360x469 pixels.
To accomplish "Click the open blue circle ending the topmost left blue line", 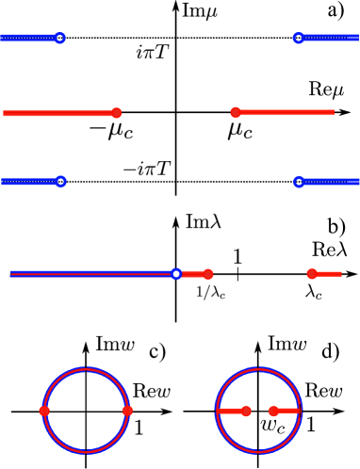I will click(59, 38).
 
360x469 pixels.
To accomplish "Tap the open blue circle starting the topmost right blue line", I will click(299, 38).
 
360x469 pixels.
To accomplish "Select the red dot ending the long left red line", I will click(117, 113).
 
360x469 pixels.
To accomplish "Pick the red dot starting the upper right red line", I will click(236, 112).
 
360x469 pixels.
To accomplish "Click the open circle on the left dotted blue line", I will click(60, 182).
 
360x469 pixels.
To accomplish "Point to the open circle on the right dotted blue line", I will click(299, 182).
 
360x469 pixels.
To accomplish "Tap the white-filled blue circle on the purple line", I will click(176, 274).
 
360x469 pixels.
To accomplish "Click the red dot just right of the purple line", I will click(208, 274).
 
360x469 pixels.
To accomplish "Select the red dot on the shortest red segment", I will click(312, 274).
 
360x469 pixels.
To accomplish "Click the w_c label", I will click(272, 426).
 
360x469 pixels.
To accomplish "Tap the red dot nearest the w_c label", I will click(273, 411).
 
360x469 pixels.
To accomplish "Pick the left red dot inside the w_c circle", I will click(246, 411).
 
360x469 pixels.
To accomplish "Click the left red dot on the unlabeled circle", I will click(44, 411).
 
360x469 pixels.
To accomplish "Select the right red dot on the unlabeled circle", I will click(128, 411).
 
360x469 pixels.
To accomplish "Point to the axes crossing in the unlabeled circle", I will click(86, 411).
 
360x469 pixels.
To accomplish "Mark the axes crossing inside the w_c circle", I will click(258, 411).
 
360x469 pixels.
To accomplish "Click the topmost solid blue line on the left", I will click(28, 38).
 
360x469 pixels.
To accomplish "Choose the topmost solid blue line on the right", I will click(330, 38).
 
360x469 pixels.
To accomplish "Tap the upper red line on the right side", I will click(287, 112).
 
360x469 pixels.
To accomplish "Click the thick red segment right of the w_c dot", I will click(287, 411).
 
